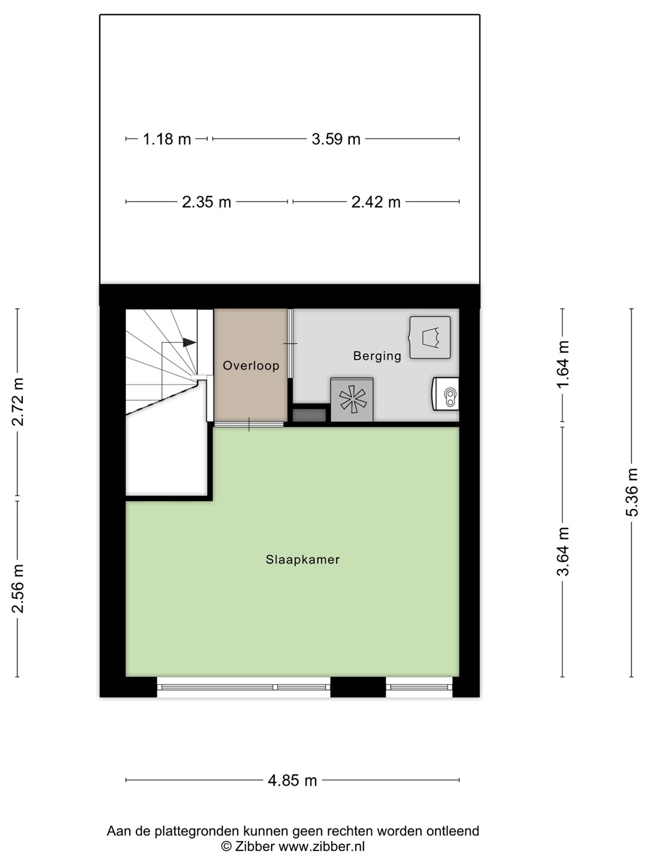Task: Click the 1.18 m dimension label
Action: tap(166, 139)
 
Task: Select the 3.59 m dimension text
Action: tap(336, 139)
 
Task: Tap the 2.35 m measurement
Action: tap(207, 202)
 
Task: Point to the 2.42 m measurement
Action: tap(376, 202)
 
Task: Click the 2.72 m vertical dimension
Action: tap(18, 402)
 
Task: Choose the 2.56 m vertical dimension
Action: tap(18, 589)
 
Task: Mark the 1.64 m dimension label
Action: tap(563, 365)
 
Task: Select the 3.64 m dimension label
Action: tap(563, 551)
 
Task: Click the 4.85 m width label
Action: tap(293, 780)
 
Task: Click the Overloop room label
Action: tap(251, 366)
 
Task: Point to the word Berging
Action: tap(377, 356)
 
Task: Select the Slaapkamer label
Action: tap(303, 560)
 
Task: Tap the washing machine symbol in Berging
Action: tap(430, 338)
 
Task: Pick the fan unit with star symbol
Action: tap(352, 399)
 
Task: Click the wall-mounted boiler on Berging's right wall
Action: tap(446, 393)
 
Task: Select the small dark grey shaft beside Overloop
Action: tap(309, 415)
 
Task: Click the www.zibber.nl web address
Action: tap(321, 846)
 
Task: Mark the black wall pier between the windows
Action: tap(358, 687)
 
